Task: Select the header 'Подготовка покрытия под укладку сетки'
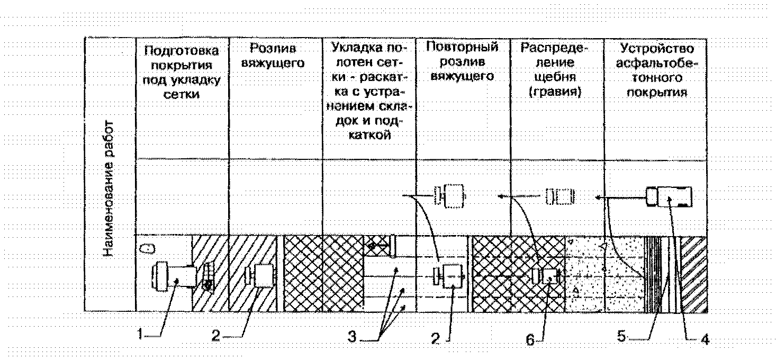click(182, 73)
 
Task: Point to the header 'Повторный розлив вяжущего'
click(462, 61)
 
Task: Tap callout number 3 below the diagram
click(351, 336)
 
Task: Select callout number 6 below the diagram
click(530, 340)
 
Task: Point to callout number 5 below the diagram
click(622, 336)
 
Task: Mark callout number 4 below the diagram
click(705, 340)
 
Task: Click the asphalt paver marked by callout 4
click(669, 197)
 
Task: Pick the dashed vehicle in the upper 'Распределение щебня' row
click(560, 196)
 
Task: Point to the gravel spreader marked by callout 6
click(548, 276)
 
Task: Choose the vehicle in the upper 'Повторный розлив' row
click(450, 196)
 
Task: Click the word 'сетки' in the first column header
click(182, 95)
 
